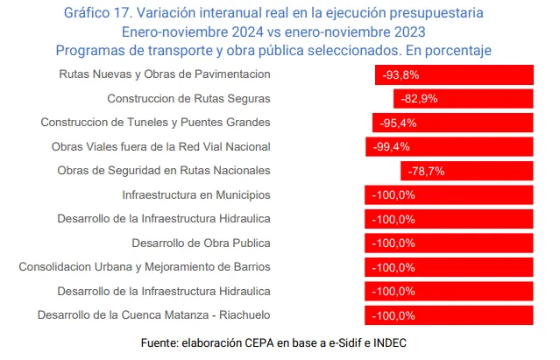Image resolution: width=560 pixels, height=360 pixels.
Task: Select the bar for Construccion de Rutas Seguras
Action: click(464, 98)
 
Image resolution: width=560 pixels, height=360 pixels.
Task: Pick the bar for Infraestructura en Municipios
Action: click(450, 194)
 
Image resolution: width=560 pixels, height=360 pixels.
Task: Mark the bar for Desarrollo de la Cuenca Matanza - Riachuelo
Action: click(450, 314)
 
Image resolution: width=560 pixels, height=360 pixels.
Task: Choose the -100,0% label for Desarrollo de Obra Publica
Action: click(393, 243)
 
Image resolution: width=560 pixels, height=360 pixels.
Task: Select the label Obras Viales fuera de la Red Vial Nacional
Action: click(161, 146)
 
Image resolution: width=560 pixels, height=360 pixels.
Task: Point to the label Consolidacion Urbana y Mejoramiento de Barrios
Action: click(145, 266)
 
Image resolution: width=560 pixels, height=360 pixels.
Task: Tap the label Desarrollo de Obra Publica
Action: click(201, 243)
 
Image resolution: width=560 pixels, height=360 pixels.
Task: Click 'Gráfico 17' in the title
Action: click(102, 12)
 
